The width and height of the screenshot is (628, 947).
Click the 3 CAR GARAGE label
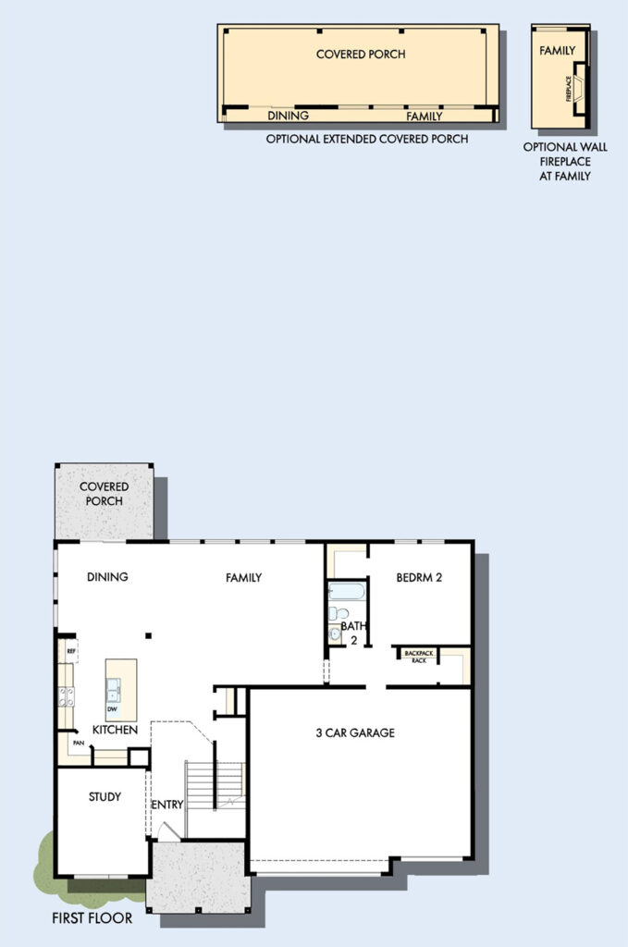coord(355,732)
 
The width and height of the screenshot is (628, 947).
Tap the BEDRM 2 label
coord(419,577)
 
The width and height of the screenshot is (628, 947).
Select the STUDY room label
coord(105,796)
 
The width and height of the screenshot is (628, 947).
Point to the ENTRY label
coord(166,805)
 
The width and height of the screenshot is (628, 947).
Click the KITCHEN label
coord(115,730)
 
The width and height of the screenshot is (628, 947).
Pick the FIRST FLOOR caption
coord(92,918)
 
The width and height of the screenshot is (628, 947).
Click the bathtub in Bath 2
coord(347,591)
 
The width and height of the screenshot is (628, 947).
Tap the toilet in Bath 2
coord(339,614)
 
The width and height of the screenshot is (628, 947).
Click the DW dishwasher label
coord(112,709)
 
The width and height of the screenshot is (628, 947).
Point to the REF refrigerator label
coord(70,651)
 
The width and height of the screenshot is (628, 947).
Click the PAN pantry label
coord(78,743)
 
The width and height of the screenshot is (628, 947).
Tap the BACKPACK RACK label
coord(418,657)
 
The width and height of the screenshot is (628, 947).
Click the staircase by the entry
coord(215,786)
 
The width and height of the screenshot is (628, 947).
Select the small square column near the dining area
coord(148,635)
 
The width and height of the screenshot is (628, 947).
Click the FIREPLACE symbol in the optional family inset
coord(578,88)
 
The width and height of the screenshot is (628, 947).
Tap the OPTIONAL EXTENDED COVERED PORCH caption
coord(367,139)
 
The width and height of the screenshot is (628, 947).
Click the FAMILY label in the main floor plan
coord(243,578)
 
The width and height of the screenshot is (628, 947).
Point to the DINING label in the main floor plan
coord(107,577)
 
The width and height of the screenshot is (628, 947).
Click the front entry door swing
coord(168,831)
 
